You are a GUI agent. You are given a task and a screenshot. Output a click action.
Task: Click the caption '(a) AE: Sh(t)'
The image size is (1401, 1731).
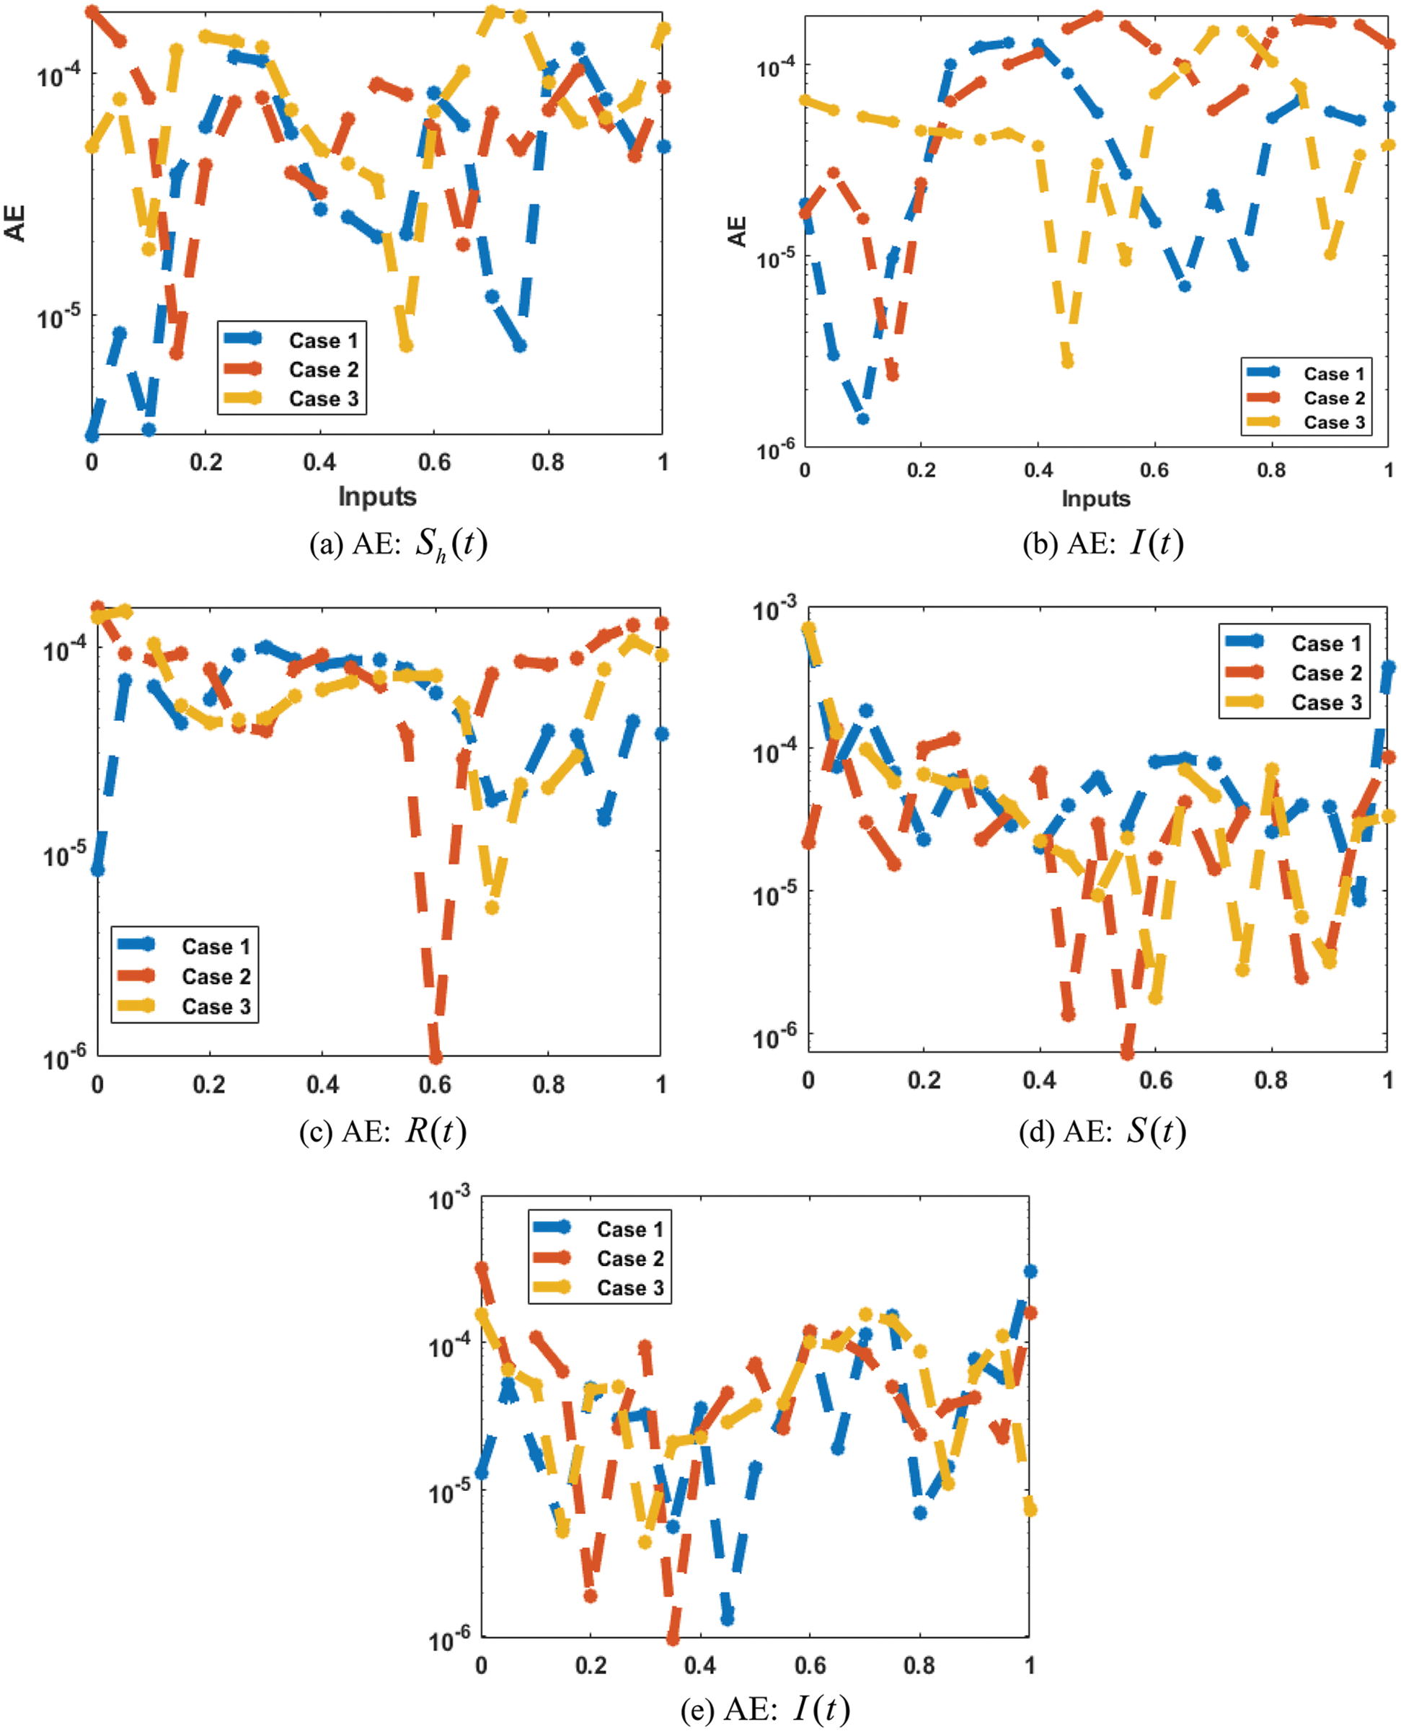[399, 545]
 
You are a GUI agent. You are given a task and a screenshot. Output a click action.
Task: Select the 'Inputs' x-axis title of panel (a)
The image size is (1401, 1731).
[377, 495]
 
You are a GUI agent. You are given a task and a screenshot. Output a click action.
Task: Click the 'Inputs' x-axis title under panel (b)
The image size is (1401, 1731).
[1095, 498]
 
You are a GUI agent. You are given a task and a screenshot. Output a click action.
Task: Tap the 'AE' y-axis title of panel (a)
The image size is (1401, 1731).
[15, 223]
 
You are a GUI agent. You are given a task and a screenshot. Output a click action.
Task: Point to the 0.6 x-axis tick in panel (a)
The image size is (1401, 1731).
[434, 462]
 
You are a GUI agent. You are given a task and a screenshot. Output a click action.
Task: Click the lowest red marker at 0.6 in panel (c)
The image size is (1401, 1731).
[436, 1056]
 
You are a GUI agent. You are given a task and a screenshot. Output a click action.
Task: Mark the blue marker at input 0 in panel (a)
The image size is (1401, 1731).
[92, 435]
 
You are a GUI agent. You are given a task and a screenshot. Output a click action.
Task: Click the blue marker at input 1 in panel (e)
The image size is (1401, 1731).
[1030, 1271]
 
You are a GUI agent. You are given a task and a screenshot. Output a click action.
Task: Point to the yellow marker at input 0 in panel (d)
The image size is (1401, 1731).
[808, 628]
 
